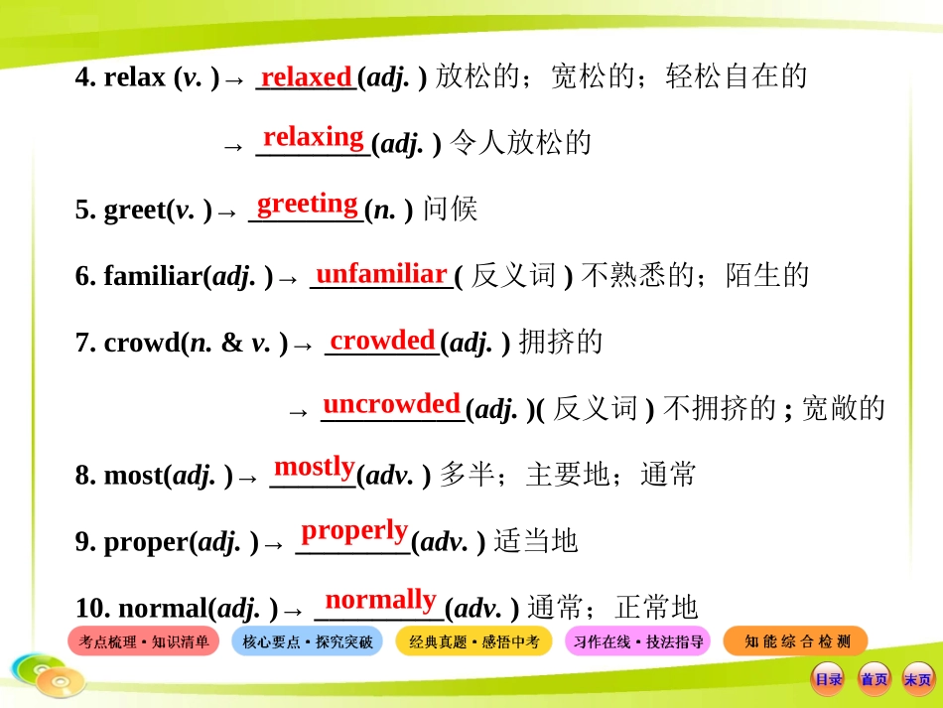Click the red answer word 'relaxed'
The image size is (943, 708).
[x=306, y=76]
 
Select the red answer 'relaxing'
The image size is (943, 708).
[x=314, y=136]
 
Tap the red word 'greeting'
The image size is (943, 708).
[x=308, y=204]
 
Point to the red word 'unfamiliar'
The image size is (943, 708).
[x=381, y=273]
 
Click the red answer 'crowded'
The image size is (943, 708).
[x=382, y=340]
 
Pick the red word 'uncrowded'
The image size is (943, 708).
[x=392, y=404]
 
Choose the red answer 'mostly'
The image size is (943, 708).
[x=314, y=467]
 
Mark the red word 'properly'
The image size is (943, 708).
[x=354, y=530]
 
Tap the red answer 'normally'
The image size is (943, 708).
[x=380, y=599]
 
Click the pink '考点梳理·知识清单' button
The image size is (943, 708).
[x=144, y=642]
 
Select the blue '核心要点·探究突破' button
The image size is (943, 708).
[x=308, y=642]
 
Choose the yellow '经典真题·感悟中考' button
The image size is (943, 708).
[x=473, y=642]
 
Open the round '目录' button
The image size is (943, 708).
[x=828, y=680]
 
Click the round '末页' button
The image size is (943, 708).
[x=918, y=680]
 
